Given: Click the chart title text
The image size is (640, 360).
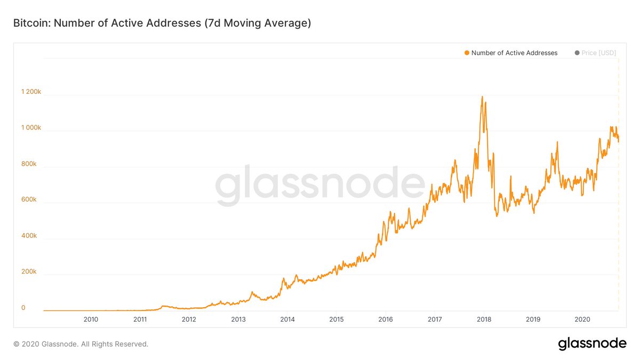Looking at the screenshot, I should point(162,23).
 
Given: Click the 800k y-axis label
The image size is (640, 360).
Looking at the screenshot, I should point(29,164).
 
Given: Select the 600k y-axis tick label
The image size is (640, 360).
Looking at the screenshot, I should point(29,199).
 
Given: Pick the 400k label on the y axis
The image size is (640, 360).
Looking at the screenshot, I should point(29,236).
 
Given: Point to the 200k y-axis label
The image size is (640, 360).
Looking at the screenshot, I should point(29,271).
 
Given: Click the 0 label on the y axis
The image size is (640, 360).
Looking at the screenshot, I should point(23,308).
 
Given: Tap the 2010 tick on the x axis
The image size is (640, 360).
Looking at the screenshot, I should point(91,319).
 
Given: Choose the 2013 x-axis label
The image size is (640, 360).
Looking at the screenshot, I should point(238,319).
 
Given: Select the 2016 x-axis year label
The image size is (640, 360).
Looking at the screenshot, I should point(385,319).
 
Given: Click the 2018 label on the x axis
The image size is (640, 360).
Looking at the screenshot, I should point(484,319).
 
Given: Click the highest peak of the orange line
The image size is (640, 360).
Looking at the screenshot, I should point(483,97).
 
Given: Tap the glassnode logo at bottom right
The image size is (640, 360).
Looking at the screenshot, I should point(592,344).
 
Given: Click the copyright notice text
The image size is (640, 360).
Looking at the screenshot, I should point(81,344).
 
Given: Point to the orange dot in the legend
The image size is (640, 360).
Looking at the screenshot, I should point(467,53).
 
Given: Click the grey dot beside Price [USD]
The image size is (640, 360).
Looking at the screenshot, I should point(577,53).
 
